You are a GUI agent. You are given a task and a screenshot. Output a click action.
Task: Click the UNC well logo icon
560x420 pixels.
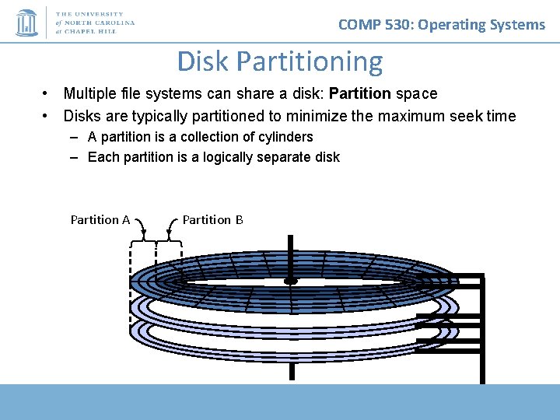(26, 23)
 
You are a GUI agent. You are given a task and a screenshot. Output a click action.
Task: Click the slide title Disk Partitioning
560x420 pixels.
(280, 61)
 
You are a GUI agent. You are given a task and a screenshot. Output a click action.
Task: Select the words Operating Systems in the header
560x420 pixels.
(482, 24)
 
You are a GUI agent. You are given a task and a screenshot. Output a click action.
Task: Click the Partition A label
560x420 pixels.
(100, 219)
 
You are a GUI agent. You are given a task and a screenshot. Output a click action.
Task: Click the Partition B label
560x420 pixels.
(212, 219)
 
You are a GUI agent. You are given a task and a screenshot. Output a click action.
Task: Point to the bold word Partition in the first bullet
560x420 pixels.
(360, 94)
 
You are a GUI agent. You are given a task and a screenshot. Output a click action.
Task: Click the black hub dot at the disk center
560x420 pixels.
(291, 280)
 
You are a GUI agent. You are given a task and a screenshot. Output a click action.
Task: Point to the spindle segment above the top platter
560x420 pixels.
(292, 253)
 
